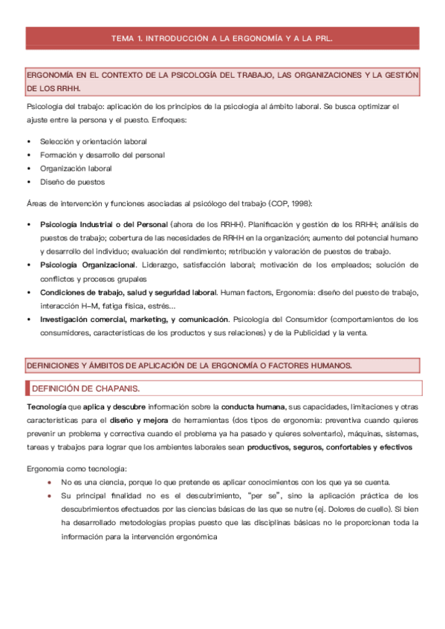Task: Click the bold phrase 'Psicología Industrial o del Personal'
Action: coord(103,223)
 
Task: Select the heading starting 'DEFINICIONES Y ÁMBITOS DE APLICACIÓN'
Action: coord(189,366)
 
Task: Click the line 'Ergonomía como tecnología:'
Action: coord(76,469)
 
